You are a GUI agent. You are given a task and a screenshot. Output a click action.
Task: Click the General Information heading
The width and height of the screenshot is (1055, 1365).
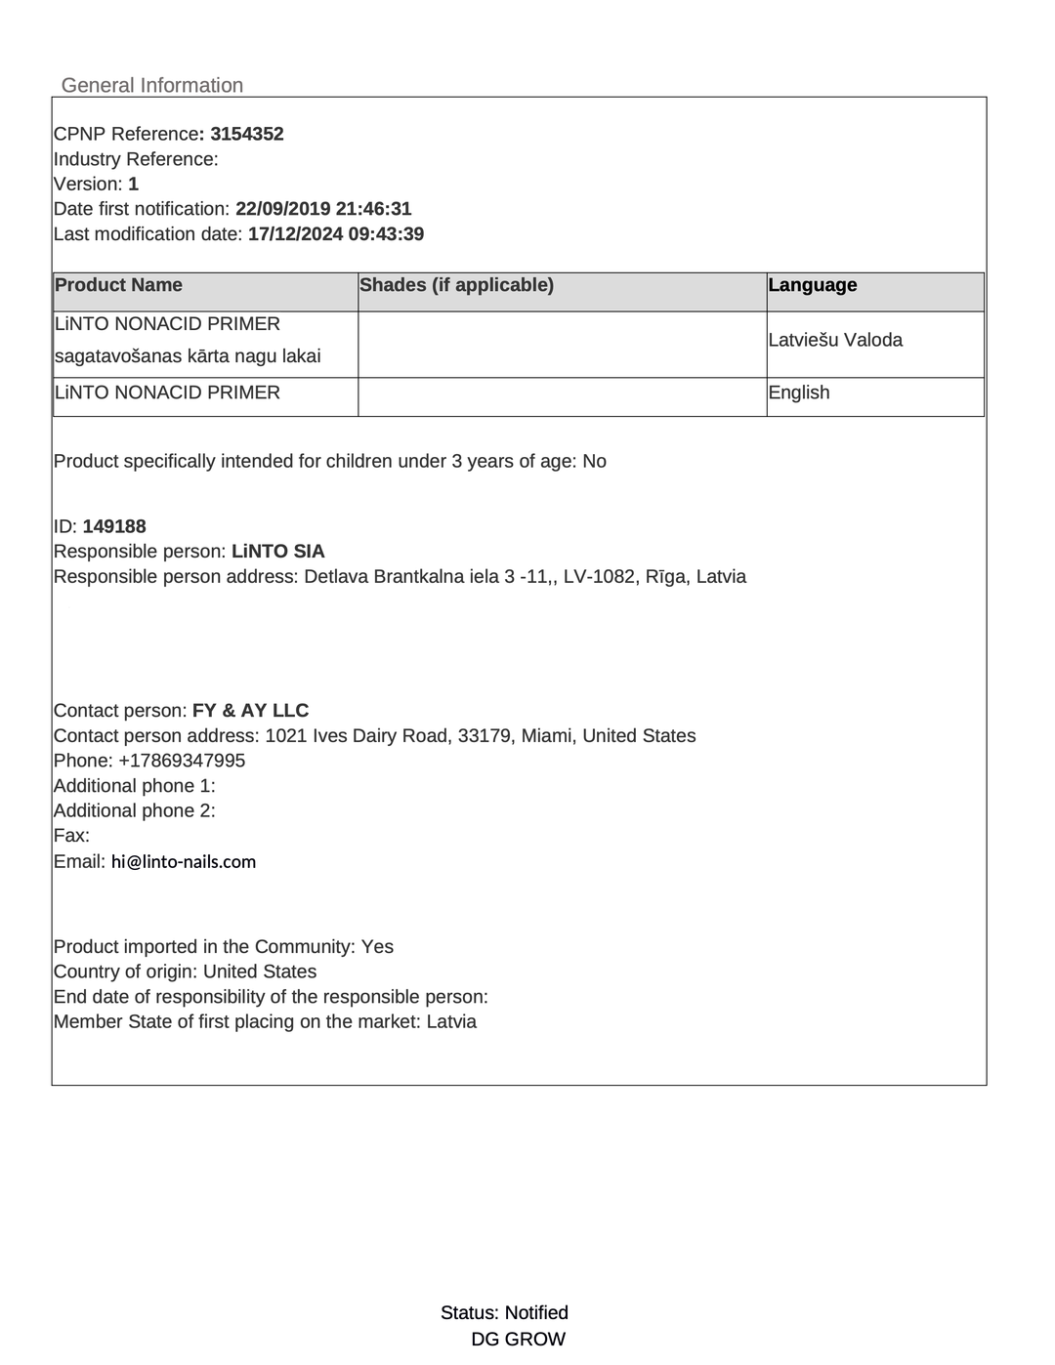(x=151, y=85)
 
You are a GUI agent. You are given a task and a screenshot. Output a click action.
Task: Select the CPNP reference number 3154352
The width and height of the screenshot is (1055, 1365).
(x=247, y=134)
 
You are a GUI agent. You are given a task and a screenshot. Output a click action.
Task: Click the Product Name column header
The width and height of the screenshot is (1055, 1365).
(x=118, y=285)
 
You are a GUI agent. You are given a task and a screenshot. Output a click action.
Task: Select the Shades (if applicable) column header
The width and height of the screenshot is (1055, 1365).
(x=456, y=285)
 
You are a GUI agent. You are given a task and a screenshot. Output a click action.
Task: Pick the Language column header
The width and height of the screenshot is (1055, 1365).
(x=813, y=285)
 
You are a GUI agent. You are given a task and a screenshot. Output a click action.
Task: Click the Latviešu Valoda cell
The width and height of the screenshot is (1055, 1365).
(x=835, y=340)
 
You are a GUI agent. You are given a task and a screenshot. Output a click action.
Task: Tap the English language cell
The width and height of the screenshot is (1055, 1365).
(x=799, y=393)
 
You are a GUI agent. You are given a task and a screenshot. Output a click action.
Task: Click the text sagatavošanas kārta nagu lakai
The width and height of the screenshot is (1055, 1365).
(x=188, y=356)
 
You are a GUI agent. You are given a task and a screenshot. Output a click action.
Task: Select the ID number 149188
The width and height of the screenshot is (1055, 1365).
(x=114, y=526)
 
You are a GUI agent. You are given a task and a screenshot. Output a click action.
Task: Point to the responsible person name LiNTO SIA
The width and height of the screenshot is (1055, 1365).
(x=278, y=552)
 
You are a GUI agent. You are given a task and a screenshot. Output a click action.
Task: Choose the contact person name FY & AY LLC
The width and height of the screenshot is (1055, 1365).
(x=250, y=711)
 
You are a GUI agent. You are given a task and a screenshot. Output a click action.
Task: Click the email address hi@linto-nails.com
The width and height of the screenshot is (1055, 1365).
(x=184, y=862)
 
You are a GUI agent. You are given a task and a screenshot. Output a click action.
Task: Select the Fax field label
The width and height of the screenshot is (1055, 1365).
(x=71, y=836)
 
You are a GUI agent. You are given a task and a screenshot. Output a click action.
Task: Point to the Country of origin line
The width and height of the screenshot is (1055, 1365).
(x=185, y=972)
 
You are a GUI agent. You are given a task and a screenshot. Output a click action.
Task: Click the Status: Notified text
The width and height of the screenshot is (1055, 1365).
(x=504, y=1312)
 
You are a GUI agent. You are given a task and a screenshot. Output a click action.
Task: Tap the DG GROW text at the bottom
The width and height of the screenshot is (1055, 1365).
(x=518, y=1340)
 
